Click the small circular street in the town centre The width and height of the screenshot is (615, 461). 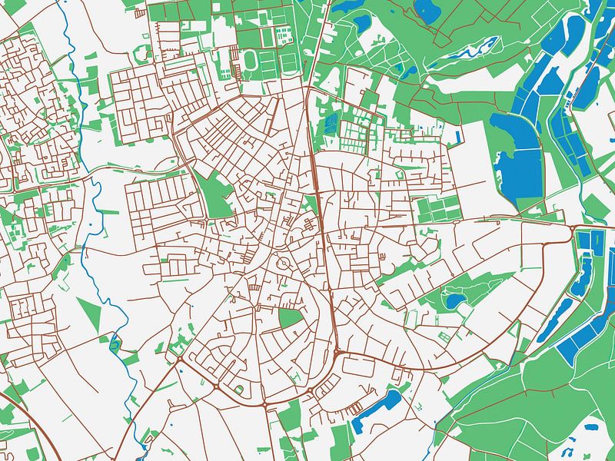click(x=284, y=264)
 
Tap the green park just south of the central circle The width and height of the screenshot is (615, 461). click(x=290, y=318)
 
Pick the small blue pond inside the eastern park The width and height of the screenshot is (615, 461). click(x=454, y=300)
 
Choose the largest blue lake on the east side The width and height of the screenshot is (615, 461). click(x=519, y=165)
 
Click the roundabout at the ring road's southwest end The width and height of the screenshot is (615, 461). click(x=179, y=358)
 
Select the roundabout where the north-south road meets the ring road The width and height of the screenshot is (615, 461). click(x=337, y=354)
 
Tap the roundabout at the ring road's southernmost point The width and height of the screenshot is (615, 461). click(x=264, y=403)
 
